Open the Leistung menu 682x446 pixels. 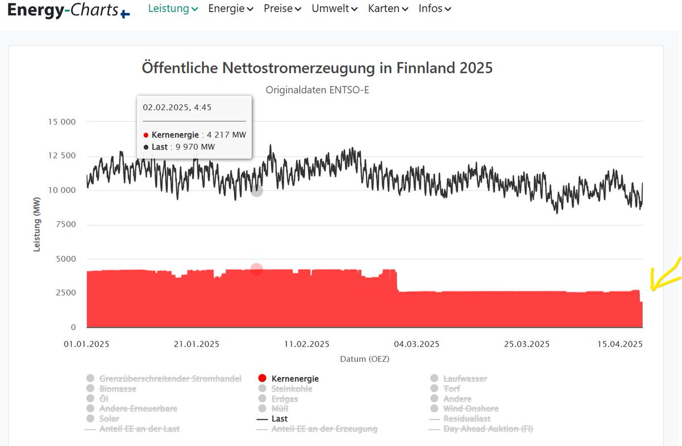click(x=173, y=9)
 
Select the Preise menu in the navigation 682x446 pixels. click(x=282, y=9)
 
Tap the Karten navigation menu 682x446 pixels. click(x=388, y=9)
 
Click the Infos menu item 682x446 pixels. click(x=434, y=9)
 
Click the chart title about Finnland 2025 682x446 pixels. click(x=317, y=68)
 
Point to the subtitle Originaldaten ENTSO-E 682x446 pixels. click(x=317, y=90)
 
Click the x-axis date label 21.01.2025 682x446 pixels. click(x=197, y=344)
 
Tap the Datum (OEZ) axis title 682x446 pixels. click(x=365, y=359)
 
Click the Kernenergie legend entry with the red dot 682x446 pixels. click(x=294, y=379)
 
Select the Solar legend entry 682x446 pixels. click(x=109, y=419)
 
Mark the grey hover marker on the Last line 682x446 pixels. click(x=257, y=191)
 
